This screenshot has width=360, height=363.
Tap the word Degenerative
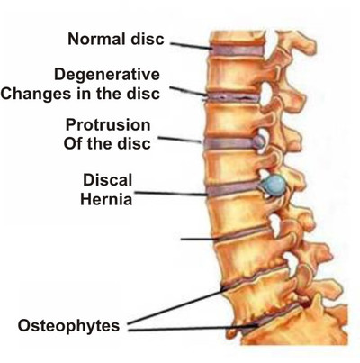click(x=107, y=75)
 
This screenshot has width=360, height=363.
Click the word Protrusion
click(x=108, y=125)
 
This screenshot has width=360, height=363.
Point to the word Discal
click(x=107, y=180)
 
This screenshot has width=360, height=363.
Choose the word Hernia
click(x=106, y=199)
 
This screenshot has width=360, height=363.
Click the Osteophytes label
click(x=68, y=326)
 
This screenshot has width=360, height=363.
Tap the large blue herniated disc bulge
click(x=274, y=186)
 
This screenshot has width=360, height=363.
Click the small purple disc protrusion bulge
click(x=259, y=141)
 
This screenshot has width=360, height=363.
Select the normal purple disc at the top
click(x=238, y=50)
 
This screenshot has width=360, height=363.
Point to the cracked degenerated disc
click(x=231, y=97)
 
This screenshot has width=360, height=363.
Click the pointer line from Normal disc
click(x=190, y=46)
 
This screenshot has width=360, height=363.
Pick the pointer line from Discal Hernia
click(x=170, y=194)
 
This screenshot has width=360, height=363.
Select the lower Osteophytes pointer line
click(x=193, y=328)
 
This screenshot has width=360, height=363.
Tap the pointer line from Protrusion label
click(x=179, y=140)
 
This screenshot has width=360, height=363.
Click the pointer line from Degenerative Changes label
click(x=188, y=92)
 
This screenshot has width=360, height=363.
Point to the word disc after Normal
click(x=149, y=39)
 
